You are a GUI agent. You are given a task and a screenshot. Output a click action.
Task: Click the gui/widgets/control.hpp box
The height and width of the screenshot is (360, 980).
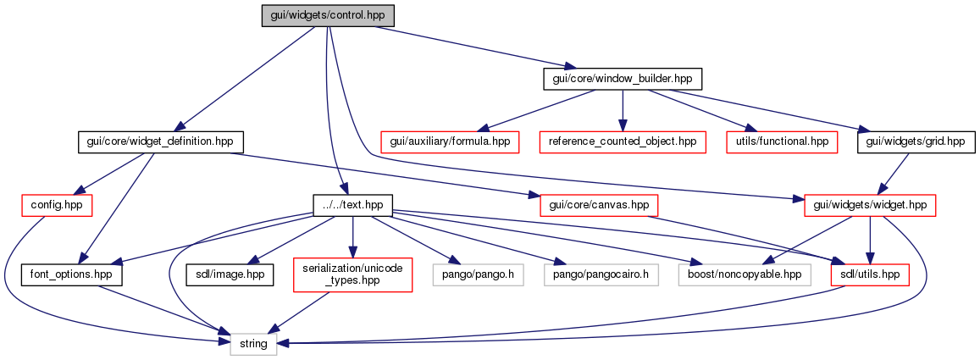coord(328,16)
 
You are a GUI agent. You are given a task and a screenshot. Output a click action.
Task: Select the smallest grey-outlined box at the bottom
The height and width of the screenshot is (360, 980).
coord(253,344)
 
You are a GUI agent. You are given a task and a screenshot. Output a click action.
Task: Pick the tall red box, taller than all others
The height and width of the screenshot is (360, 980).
coord(352,275)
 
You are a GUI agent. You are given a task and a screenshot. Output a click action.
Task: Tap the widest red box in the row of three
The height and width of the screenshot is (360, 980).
coord(623,142)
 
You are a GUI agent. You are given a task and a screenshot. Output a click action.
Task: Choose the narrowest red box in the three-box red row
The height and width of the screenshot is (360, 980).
coord(782,142)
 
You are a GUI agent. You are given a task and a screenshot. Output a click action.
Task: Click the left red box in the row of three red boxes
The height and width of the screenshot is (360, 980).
coord(450,142)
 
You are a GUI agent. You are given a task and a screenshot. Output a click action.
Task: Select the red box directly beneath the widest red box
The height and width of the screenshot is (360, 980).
coord(599,205)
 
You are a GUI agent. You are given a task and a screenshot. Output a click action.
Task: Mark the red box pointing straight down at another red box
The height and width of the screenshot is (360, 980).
coord(869,205)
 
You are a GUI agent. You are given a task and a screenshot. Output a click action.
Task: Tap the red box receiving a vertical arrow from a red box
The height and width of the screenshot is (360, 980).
coord(869,274)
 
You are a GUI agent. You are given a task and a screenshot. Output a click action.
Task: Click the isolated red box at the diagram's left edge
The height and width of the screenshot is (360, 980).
coord(57,205)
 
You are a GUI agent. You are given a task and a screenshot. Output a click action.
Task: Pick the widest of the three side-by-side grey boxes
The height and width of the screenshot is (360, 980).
coord(745,274)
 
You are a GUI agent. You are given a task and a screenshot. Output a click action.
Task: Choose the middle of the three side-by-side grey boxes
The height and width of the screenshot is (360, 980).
coord(601,274)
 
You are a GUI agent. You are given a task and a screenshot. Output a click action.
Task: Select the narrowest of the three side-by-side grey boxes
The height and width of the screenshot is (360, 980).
coord(478,274)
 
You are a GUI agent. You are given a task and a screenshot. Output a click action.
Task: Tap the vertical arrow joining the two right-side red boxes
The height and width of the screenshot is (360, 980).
coord(869,237)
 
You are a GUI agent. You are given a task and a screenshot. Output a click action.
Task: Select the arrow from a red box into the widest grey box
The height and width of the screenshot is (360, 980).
coord(805,242)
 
